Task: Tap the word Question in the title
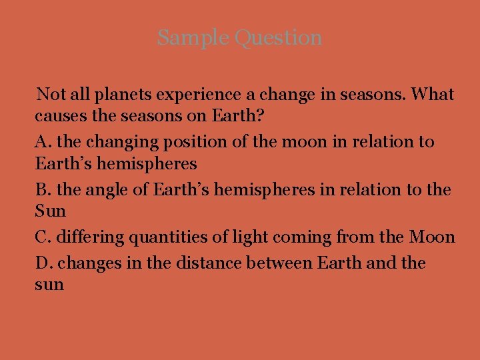tap(279, 39)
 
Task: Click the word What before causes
tap(433, 95)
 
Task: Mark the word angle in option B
tap(105, 191)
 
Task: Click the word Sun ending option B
tap(51, 211)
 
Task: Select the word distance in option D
tap(208, 263)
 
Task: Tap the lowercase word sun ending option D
tap(49, 285)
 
